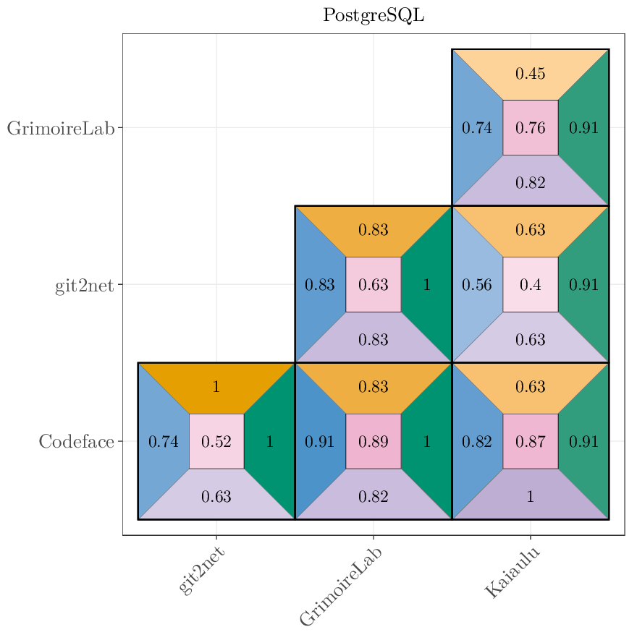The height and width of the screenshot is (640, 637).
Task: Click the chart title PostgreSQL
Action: (374, 15)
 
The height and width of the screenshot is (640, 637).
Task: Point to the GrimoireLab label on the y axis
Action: (61, 129)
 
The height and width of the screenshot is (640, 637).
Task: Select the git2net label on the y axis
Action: (85, 286)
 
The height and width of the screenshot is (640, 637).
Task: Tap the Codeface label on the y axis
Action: (76, 442)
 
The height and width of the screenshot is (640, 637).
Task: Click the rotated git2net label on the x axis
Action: (202, 571)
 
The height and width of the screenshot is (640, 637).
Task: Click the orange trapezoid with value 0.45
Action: (530, 73)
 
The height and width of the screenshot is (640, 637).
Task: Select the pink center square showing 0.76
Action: (530, 128)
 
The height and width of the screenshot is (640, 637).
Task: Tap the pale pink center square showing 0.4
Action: (530, 285)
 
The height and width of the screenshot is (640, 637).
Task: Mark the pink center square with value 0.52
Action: (216, 441)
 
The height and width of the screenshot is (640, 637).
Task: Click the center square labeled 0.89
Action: (374, 441)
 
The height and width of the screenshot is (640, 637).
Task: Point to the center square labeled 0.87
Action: (530, 441)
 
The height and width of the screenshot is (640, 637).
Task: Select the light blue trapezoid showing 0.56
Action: (476, 285)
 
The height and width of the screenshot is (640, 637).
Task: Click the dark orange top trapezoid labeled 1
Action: (216, 386)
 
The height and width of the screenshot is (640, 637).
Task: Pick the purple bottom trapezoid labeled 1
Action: (530, 496)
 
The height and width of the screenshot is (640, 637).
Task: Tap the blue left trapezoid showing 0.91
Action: (319, 441)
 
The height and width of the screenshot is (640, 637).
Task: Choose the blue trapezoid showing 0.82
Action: (476, 441)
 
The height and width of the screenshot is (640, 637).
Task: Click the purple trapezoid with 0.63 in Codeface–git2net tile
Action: (216, 496)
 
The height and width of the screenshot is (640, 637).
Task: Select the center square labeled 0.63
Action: (374, 285)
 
